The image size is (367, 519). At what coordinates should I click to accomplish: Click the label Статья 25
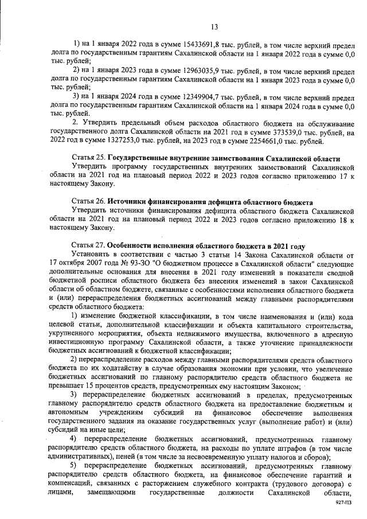click(88, 158)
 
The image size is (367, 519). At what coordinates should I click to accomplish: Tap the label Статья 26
click(88, 202)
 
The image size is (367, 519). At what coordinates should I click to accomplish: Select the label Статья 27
click(88, 246)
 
